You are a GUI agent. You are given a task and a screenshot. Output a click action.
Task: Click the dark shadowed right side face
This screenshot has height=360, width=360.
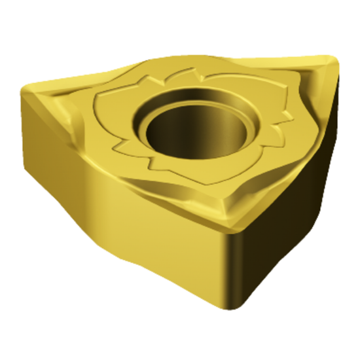[288, 196]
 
